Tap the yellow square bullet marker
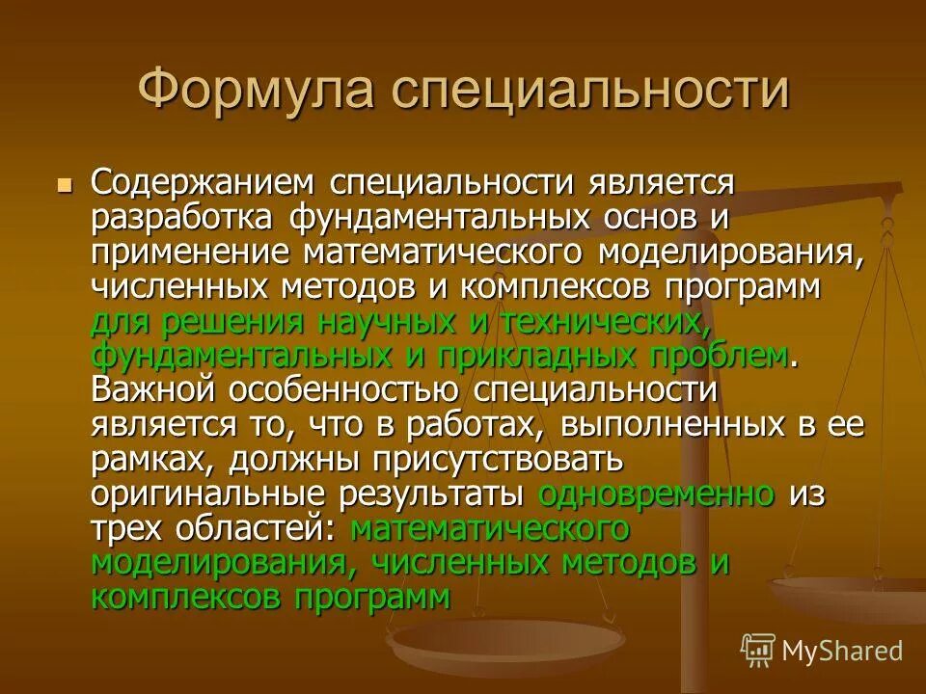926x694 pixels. (x=66, y=183)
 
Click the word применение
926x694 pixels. (x=190, y=254)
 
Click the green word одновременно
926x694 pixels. (x=657, y=494)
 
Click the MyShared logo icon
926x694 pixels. (x=758, y=652)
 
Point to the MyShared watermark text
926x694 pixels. (x=842, y=652)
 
